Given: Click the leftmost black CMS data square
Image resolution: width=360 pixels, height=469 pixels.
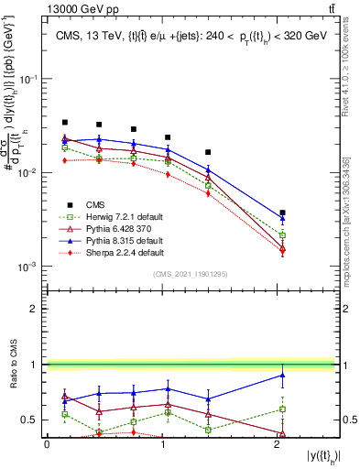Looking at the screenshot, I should [x=65, y=122].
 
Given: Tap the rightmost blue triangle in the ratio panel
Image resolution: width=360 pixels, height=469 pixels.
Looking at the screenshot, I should [x=282, y=375].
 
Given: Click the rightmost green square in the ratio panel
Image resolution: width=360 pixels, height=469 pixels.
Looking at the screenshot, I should [x=282, y=409].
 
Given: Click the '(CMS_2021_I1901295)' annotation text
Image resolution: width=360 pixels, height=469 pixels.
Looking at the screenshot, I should [x=191, y=274].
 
